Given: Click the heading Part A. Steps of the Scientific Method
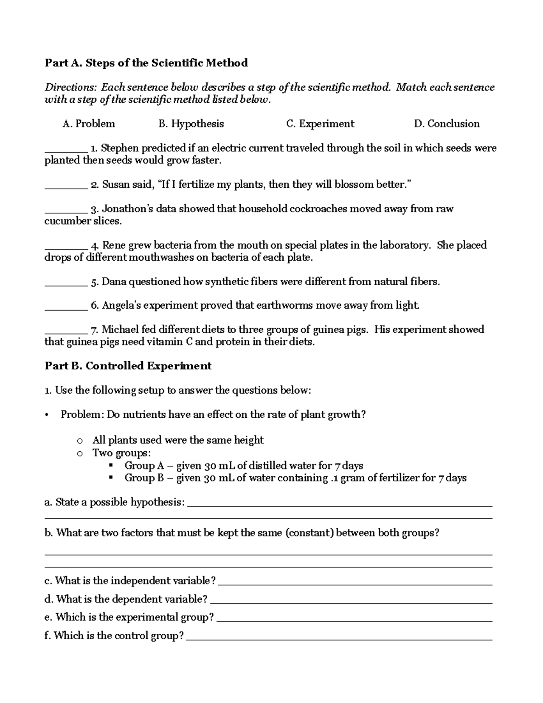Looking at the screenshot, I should [x=146, y=63].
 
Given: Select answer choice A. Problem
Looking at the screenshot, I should [x=89, y=124].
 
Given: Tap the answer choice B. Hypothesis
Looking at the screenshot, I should [x=191, y=124].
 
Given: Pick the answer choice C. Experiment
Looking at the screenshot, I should [x=320, y=124].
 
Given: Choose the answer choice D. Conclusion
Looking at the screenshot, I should [x=447, y=124].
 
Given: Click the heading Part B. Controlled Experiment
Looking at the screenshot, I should [x=128, y=366].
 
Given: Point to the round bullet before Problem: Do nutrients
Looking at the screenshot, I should [x=47, y=415].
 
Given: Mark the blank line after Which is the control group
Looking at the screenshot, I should [x=339, y=639].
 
